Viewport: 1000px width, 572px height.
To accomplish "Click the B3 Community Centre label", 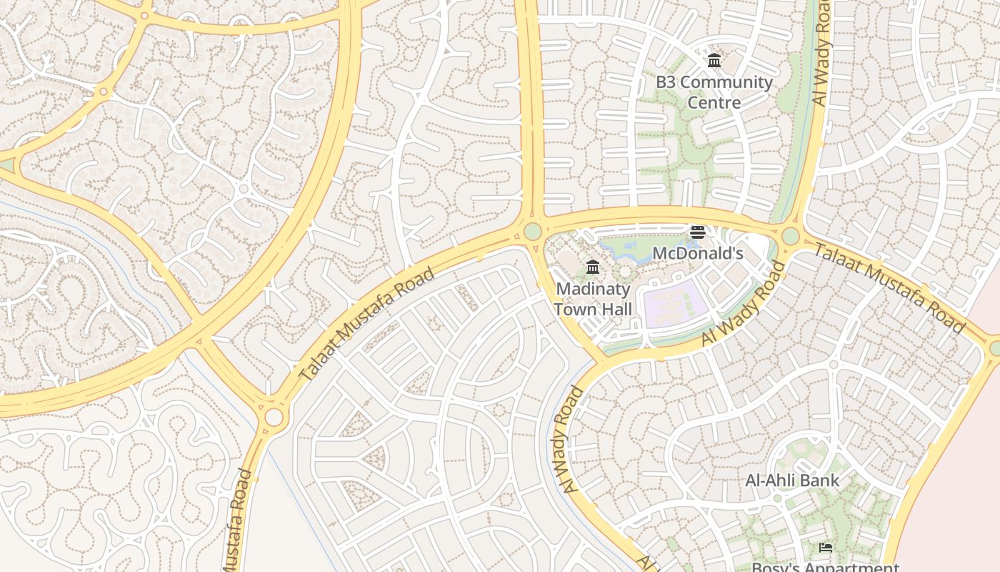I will click(x=714, y=92).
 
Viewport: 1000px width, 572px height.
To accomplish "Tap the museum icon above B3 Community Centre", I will click(x=714, y=61).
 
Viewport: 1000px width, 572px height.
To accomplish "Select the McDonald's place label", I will click(x=698, y=253).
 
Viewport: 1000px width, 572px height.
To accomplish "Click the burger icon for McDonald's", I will click(x=698, y=232).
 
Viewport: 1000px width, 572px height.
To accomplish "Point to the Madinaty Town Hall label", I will click(x=593, y=299).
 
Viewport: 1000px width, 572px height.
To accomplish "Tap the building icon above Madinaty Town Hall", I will click(x=593, y=267).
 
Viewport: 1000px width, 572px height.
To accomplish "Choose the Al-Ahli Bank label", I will click(x=792, y=480).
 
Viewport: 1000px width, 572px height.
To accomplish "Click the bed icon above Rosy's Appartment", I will click(x=826, y=548).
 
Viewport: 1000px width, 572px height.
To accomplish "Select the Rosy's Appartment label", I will click(x=825, y=567).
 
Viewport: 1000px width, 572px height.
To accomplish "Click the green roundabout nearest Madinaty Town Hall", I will click(x=532, y=232).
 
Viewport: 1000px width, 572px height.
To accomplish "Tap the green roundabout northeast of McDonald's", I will click(x=790, y=236).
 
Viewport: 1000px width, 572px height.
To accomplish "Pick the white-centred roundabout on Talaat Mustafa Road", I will click(x=274, y=417).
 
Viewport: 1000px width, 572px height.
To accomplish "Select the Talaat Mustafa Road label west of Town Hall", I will click(x=366, y=324).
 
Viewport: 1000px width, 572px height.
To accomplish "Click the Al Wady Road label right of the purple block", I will click(x=743, y=304).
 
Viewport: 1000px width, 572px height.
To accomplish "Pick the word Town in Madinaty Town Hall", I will click(x=574, y=309).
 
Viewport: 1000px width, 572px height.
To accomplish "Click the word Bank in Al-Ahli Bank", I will click(x=820, y=480).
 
